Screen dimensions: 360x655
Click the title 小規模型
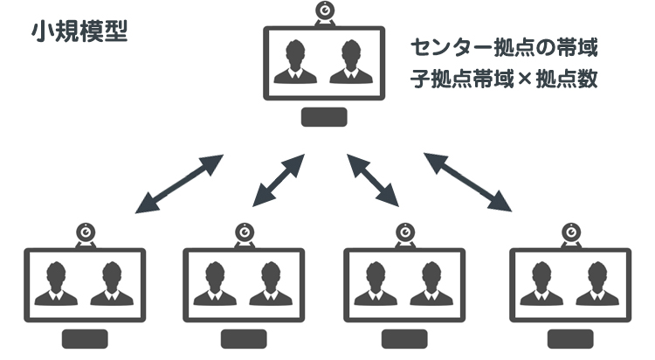[x=79, y=31]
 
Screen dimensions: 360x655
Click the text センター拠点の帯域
[x=504, y=46]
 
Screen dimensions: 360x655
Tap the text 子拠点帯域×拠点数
[x=504, y=79]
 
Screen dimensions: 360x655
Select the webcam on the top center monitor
[x=325, y=13]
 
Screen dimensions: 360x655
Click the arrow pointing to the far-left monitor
[x=179, y=184]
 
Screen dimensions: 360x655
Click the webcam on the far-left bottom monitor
[x=86, y=233]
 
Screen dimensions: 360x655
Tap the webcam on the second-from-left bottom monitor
[x=245, y=233]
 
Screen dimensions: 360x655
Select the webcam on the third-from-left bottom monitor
[x=405, y=233]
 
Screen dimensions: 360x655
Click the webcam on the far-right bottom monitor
[x=569, y=233]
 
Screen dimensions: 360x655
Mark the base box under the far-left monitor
[x=86, y=339]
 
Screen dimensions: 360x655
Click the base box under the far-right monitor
[x=569, y=339]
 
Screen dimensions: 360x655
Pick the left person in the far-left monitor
[x=56, y=285]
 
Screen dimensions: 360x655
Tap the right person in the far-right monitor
[x=598, y=285]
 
